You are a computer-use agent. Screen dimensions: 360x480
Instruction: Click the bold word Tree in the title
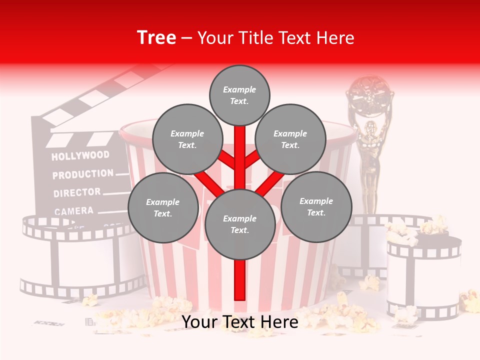(156, 37)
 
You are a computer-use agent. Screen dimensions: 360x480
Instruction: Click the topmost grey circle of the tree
(239, 95)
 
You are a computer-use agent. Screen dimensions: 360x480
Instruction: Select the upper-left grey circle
(187, 139)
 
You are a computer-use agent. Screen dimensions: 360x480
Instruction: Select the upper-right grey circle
(290, 139)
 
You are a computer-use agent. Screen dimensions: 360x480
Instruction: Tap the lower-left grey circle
(163, 207)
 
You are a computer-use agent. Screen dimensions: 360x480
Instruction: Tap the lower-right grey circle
(316, 206)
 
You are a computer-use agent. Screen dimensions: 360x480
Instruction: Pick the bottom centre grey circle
(240, 224)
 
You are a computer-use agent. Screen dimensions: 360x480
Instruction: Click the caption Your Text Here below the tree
(240, 322)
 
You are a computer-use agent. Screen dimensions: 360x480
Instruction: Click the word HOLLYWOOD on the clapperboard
(80, 155)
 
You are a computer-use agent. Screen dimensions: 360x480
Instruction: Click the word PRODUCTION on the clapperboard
(83, 174)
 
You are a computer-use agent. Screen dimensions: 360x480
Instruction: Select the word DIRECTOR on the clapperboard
(77, 192)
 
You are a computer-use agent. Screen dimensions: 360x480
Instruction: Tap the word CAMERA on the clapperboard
(74, 211)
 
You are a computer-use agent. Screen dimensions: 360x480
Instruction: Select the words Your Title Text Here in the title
(276, 37)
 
